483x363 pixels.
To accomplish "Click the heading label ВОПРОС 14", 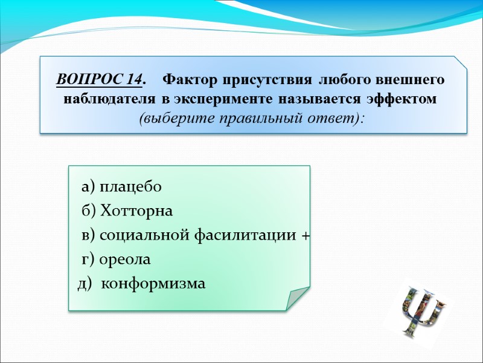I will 100,80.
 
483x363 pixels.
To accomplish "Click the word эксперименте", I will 216,99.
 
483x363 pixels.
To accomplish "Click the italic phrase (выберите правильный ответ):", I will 252,117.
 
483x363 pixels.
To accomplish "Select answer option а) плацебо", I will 121,187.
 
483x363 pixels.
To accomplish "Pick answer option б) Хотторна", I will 127,211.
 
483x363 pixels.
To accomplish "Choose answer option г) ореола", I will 116,260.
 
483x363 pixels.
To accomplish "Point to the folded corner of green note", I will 296,298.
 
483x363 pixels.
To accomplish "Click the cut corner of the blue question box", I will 461,63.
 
